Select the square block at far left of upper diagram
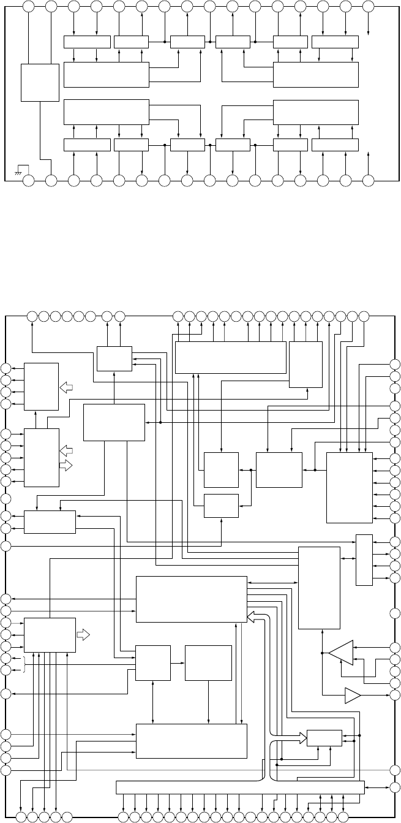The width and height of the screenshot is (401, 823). [40, 82]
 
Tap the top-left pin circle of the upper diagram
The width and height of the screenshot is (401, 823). [28, 7]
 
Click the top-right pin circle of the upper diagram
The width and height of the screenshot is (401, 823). [368, 7]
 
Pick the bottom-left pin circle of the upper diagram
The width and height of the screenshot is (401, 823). [28, 181]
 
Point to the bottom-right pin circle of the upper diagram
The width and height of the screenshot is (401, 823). [368, 181]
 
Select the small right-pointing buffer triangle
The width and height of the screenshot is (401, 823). [353, 696]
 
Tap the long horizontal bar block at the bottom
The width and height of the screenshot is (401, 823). [240, 787]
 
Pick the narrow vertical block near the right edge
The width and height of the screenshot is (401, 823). [364, 559]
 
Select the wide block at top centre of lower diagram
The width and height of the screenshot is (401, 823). [231, 357]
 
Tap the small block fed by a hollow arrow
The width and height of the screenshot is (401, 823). [324, 738]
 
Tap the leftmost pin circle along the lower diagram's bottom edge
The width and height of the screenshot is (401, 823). [21, 817]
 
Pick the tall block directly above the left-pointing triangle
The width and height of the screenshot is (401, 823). [319, 586]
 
